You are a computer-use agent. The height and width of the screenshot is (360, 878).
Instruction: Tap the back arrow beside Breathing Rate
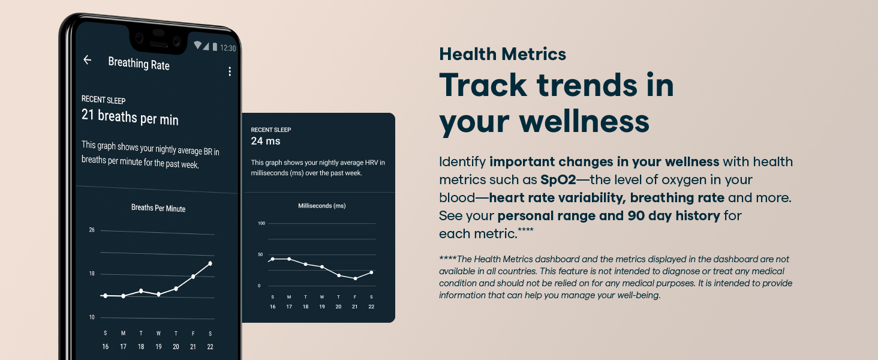[x=87, y=59]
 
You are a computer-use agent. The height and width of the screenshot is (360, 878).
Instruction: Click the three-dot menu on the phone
[x=230, y=71]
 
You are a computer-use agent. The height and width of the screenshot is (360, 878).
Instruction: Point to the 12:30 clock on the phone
[x=228, y=48]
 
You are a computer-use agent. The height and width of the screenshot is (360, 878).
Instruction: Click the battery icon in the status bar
[x=215, y=47]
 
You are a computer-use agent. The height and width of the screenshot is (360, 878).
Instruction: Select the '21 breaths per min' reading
[x=130, y=117]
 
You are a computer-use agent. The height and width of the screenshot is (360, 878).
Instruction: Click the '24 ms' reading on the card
[x=265, y=141]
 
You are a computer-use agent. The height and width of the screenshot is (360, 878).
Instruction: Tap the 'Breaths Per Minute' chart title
[x=158, y=208]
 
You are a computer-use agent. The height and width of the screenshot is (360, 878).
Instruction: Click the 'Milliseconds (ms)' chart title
[x=322, y=205]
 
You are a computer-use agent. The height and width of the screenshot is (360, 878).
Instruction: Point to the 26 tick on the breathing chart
[x=92, y=230]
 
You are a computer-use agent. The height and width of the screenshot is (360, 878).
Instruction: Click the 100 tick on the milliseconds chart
[x=261, y=223]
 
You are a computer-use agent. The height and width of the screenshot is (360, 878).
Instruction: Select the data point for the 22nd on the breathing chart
[x=211, y=263]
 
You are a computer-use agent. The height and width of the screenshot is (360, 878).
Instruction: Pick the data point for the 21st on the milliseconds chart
[x=355, y=278]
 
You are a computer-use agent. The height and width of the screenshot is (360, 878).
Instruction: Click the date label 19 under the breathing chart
[x=158, y=347]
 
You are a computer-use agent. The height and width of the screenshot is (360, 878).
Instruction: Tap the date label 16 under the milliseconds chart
[x=272, y=307]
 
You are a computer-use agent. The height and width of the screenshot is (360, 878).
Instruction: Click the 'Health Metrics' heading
[x=503, y=54]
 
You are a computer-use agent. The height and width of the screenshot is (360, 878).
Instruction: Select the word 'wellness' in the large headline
[x=584, y=121]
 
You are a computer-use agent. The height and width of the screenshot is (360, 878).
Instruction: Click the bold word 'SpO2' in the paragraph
[x=558, y=179]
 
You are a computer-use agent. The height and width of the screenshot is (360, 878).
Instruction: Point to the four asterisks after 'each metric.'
[x=525, y=229]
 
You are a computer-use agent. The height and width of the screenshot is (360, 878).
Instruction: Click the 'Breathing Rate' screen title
[x=139, y=64]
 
